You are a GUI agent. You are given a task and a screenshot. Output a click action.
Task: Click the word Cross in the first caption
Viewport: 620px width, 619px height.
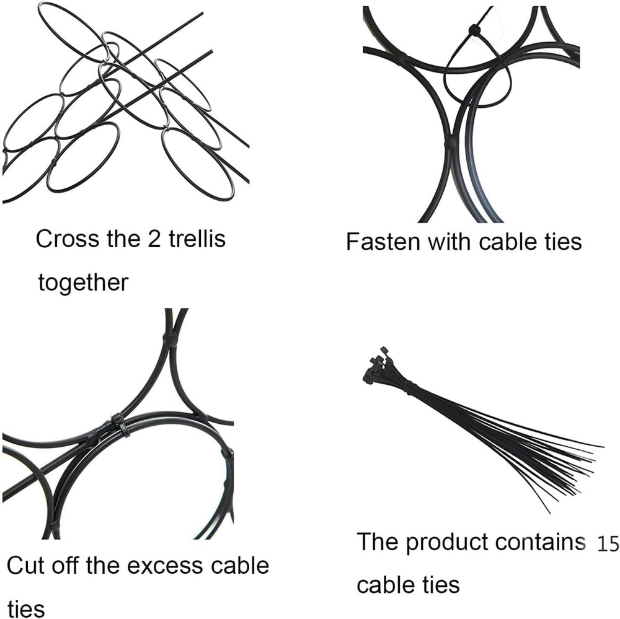click(x=67, y=239)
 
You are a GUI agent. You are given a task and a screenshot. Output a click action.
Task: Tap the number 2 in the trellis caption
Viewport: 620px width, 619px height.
click(x=154, y=239)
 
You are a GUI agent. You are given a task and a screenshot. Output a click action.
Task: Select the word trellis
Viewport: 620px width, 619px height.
click(x=197, y=239)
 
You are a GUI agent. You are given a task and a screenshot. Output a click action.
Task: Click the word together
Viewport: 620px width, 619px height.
click(x=84, y=283)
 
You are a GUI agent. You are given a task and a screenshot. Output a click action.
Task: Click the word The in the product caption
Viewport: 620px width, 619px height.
click(x=378, y=542)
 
